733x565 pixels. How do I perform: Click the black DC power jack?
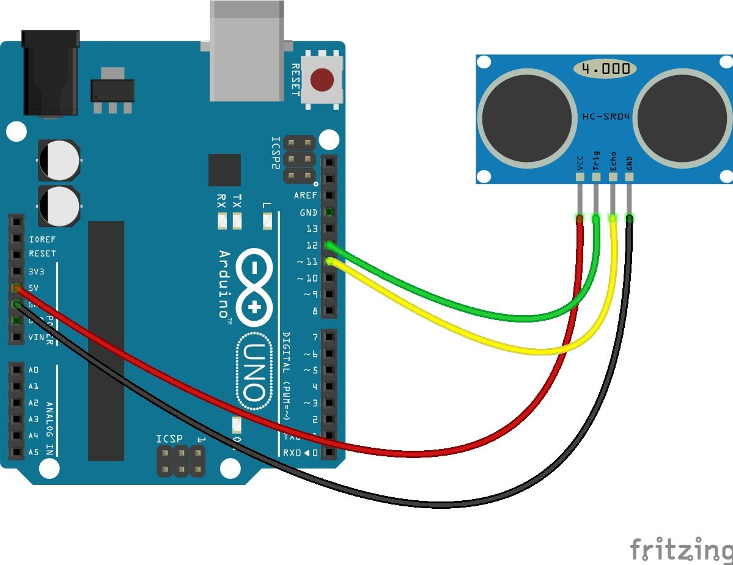coord(50,73)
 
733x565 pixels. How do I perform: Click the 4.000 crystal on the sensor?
coord(605,68)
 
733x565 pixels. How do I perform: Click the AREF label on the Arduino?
coord(306,196)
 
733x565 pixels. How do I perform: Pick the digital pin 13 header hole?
coord(330,229)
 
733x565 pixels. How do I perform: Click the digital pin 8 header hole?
coord(330,311)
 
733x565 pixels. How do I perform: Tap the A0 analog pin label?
coord(33,370)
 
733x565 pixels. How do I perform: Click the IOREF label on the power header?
coord(42,240)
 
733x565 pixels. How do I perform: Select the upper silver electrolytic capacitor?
coord(59,160)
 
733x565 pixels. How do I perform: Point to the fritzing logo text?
coord(680,550)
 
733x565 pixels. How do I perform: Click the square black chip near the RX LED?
coord(224,170)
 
